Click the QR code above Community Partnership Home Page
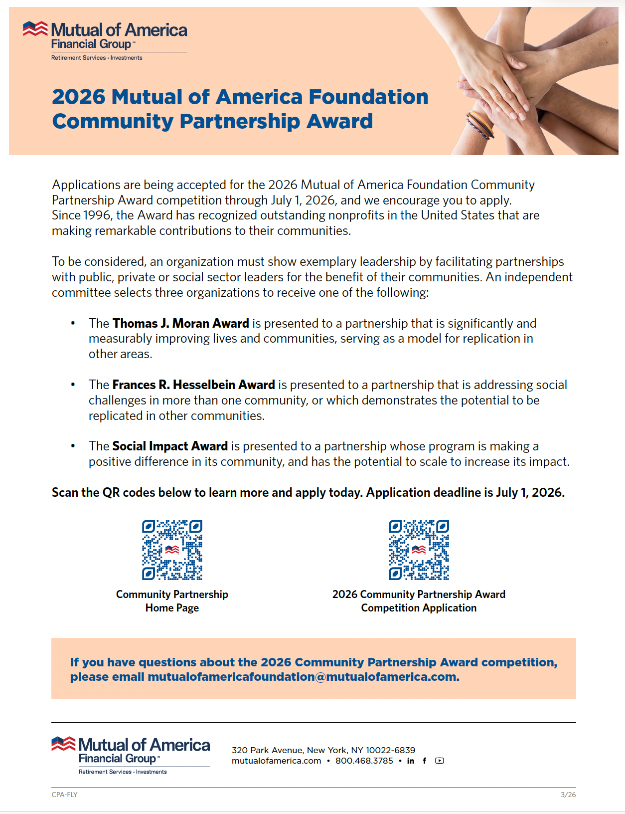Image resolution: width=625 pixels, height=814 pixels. click(172, 550)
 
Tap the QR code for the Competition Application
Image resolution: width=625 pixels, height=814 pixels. click(419, 550)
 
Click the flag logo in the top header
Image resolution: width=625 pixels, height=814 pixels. click(35, 29)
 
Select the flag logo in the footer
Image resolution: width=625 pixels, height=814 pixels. click(63, 744)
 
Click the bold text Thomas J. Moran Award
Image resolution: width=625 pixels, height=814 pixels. click(180, 324)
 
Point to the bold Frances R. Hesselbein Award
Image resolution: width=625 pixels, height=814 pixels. click(193, 385)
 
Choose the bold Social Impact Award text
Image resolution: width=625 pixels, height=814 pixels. click(170, 446)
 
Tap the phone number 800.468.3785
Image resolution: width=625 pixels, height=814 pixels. click(364, 761)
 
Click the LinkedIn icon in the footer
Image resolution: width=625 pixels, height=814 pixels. click(411, 761)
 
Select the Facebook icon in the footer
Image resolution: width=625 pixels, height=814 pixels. click(425, 761)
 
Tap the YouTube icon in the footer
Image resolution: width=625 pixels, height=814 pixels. click(439, 761)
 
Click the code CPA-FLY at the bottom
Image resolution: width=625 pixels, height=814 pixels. click(65, 795)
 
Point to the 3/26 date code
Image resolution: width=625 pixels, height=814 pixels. click(568, 795)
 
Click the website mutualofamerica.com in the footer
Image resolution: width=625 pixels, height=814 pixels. click(276, 761)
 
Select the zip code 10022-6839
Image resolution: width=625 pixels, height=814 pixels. click(390, 750)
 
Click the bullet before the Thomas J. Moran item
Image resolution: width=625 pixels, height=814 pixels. click(73, 324)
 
